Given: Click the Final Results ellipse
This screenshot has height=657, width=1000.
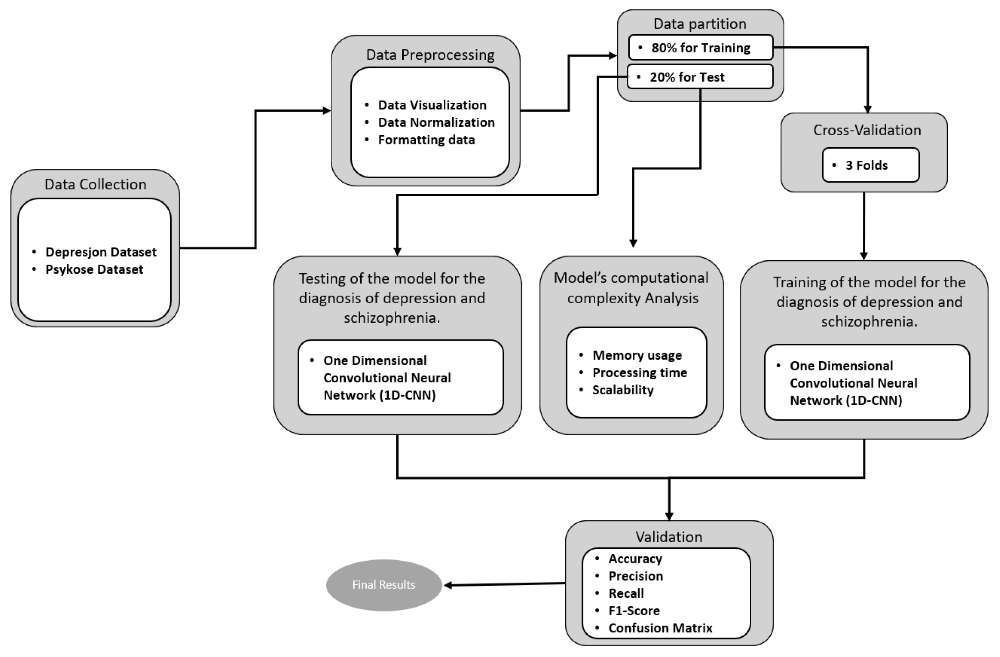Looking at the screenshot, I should [x=384, y=585].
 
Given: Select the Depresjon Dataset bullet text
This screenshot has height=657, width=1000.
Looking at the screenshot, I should [x=101, y=252].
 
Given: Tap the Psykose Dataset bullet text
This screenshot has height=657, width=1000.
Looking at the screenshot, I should [x=94, y=269].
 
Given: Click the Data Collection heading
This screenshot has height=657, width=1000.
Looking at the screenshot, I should [x=96, y=184].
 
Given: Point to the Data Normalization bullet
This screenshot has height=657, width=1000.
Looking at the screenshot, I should [x=436, y=122].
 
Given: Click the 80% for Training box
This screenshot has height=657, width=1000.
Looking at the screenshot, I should [x=700, y=48].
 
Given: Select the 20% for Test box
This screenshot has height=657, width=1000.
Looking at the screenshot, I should [x=700, y=77].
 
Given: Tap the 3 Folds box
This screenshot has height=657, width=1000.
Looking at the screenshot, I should [x=870, y=165].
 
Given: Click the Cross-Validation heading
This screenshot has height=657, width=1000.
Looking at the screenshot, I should [x=867, y=130].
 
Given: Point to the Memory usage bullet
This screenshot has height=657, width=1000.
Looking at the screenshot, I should [x=637, y=355].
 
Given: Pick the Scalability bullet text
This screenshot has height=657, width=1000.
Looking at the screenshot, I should [x=623, y=390].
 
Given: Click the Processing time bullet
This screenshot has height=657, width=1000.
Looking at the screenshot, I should [x=639, y=372].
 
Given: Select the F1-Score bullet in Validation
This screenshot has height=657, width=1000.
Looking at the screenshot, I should [x=634, y=610].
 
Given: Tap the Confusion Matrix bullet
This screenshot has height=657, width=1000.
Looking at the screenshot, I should [x=660, y=628].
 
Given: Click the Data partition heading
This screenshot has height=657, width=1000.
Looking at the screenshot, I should [x=700, y=24].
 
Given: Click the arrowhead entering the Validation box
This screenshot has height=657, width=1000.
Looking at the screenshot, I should [x=669, y=516].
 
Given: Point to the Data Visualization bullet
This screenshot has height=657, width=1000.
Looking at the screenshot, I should [x=432, y=105].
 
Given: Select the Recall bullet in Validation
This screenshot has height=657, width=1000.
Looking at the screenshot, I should [x=626, y=593].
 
